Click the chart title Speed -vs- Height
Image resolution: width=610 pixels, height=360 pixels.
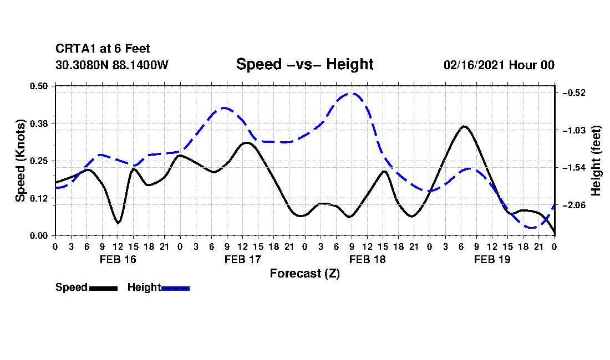pos(304,64)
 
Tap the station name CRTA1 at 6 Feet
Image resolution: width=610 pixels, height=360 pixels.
pos(103,49)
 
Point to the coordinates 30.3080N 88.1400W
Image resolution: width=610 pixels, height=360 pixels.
pos(112,65)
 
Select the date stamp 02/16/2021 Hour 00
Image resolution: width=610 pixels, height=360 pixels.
pos(499,65)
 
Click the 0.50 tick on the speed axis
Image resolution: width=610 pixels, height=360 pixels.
pos(39,86)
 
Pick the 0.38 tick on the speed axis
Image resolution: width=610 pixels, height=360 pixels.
pos(39,124)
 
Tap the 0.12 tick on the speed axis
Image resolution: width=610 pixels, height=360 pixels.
pos(39,198)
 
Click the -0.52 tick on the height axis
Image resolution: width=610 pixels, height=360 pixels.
pos(573,92)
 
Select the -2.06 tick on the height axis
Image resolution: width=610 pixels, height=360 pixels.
pos(573,205)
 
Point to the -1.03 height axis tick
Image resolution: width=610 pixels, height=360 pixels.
pos(573,130)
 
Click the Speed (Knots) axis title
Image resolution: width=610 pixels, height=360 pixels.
pos(20,161)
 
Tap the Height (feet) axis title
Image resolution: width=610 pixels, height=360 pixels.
pos(596,161)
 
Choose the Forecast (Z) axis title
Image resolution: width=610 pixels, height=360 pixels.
pos(305,274)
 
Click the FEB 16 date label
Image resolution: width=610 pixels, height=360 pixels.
pos(118,259)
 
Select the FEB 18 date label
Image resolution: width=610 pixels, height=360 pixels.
pos(367,259)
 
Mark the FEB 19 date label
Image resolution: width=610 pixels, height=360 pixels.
pos(492,259)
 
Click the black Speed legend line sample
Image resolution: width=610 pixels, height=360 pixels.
pos(103,288)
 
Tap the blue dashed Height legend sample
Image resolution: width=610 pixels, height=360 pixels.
pos(175,288)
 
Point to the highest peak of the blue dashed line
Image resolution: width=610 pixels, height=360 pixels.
pos(352,93)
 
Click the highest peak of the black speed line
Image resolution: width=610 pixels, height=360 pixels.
pos(465,126)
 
